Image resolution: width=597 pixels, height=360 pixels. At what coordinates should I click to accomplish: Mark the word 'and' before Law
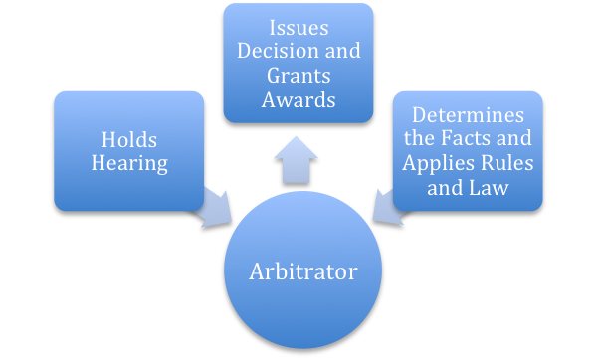(x=445, y=186)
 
